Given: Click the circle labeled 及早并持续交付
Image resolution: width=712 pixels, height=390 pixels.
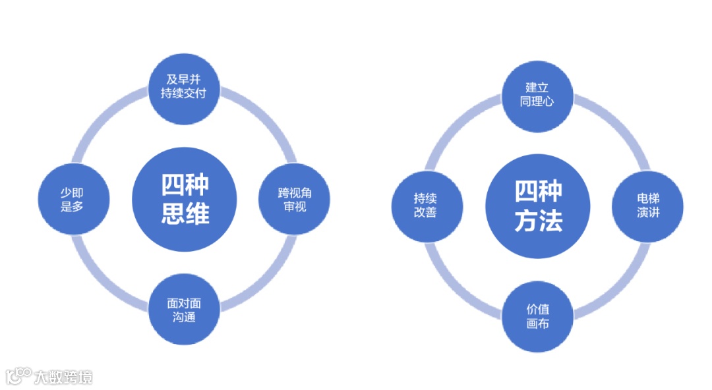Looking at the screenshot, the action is pyautogui.click(x=183, y=87).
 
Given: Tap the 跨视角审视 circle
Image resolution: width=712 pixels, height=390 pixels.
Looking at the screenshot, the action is pyautogui.click(x=293, y=199).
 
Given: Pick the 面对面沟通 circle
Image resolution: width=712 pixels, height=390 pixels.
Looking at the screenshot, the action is pyautogui.click(x=183, y=310).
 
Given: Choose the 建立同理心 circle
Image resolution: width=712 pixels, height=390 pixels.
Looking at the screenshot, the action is pyautogui.click(x=537, y=95).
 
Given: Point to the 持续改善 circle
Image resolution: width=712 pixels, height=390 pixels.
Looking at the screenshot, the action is pyautogui.click(x=426, y=206).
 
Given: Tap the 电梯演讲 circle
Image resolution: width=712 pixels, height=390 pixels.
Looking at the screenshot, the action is pyautogui.click(x=647, y=206).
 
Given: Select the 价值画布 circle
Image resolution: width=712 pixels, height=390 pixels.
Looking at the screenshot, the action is pyautogui.click(x=537, y=317).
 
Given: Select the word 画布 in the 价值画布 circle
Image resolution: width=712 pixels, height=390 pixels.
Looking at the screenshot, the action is pyautogui.click(x=537, y=324).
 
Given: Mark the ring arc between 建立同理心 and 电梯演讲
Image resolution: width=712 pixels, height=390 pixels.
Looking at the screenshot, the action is pyautogui.click(x=616, y=128).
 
